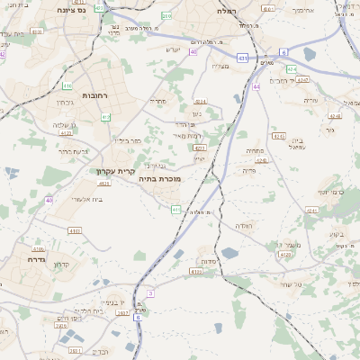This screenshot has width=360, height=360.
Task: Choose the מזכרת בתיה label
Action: (161, 179)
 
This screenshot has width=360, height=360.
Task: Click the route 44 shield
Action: (256, 86)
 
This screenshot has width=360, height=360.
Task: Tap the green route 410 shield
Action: (67, 86)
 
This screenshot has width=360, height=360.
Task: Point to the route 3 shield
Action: (150, 293)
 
